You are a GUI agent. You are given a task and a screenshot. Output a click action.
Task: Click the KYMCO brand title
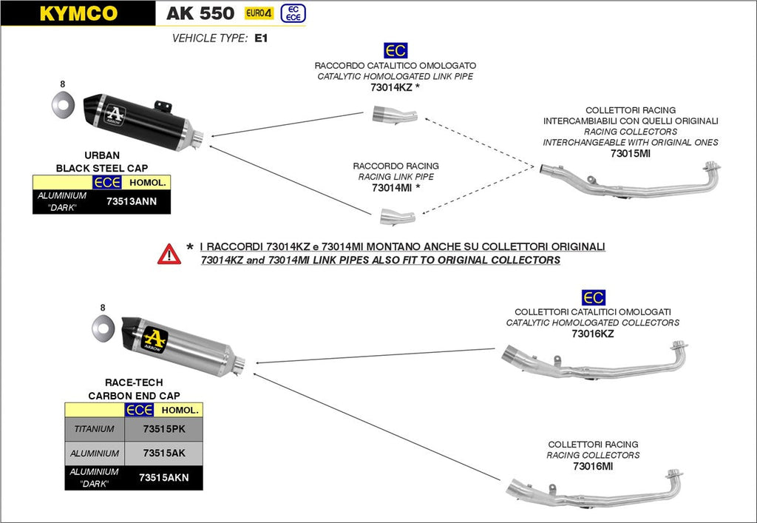78,13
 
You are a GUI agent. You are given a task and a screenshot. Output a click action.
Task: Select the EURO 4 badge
259,13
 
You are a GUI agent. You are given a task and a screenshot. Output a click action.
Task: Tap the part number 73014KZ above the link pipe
391,87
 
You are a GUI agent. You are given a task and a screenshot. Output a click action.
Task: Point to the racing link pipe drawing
397,215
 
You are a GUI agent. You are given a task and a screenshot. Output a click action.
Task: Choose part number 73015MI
630,153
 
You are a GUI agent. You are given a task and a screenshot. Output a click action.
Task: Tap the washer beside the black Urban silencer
62,105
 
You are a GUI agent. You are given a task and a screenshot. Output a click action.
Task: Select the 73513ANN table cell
131,200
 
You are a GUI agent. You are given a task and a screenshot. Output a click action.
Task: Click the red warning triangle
169,254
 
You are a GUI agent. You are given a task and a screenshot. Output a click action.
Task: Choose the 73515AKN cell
163,477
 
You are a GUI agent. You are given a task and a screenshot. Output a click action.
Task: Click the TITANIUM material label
94,428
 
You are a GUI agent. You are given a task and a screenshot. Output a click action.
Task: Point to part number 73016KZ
592,334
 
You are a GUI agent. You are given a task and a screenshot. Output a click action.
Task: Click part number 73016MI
592,466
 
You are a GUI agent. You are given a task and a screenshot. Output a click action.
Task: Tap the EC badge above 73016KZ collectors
593,297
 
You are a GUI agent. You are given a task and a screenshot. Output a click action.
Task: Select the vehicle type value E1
260,38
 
